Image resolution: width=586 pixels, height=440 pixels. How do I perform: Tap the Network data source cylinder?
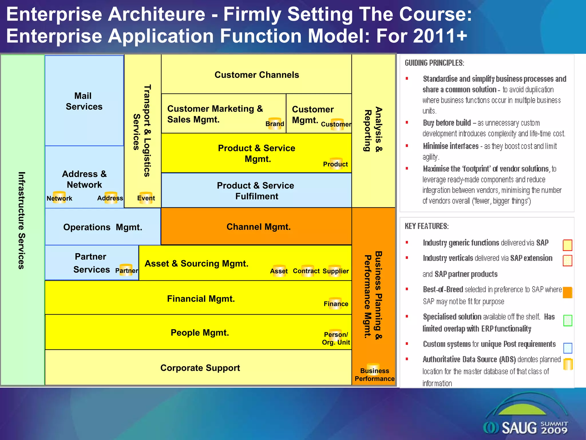59,197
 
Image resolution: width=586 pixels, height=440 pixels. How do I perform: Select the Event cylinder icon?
146,198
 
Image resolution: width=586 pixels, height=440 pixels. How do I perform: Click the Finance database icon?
336,303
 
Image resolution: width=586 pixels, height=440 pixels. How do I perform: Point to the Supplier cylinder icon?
335,271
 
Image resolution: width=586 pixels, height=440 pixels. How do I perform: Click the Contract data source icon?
306,271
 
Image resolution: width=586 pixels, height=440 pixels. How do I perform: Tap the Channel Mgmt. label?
258,227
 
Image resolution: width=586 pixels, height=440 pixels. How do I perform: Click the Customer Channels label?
257,75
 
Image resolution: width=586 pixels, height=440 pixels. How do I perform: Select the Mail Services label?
84,101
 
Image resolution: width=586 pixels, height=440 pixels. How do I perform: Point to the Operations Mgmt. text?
103,227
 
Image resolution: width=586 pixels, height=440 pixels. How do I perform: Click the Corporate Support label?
200,368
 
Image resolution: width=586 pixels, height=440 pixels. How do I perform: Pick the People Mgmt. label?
200,333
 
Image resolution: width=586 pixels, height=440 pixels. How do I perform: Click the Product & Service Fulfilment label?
256,191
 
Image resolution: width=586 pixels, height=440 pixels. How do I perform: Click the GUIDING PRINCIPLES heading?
434,63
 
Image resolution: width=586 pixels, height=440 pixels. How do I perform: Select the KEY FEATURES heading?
427,226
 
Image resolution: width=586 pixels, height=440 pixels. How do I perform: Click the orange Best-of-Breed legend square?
567,292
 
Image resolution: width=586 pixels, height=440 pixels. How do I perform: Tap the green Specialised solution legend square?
567,320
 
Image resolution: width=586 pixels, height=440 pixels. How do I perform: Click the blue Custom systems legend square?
567,348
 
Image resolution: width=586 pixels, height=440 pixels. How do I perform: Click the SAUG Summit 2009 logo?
525,421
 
